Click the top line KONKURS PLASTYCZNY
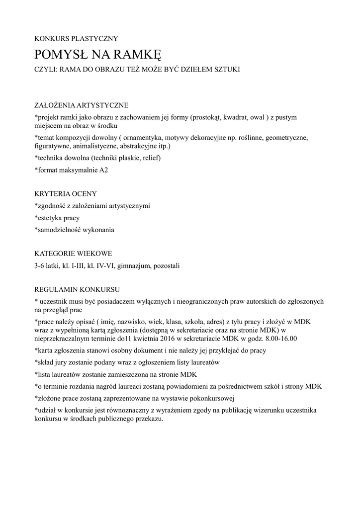[76, 38]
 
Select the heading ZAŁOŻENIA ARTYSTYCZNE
[81, 105]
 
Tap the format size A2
[103, 170]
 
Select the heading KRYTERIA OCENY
[66, 193]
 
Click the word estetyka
[50, 218]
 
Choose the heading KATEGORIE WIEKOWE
[73, 254]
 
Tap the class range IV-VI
[104, 265]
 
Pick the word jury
[59, 362]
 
